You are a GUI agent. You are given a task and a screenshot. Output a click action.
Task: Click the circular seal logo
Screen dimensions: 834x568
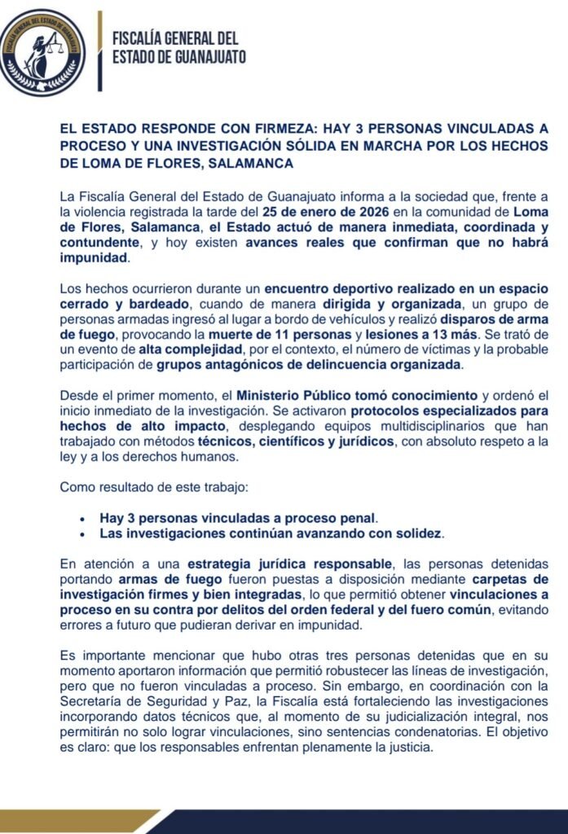tap(42, 54)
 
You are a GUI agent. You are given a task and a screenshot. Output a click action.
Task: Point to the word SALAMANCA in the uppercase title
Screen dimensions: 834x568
tap(251, 164)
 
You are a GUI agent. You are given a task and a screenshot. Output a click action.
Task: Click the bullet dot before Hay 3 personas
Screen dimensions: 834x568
tap(82, 519)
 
